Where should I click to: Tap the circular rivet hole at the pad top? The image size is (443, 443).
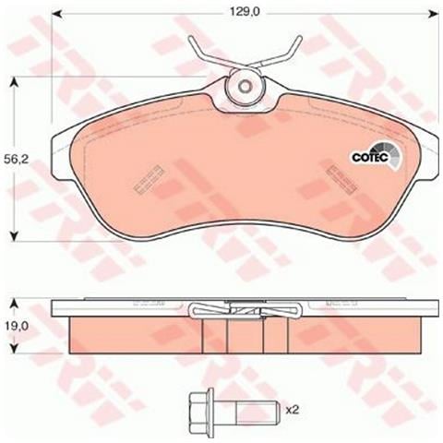click(245, 87)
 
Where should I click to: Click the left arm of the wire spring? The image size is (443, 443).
click(204, 50)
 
